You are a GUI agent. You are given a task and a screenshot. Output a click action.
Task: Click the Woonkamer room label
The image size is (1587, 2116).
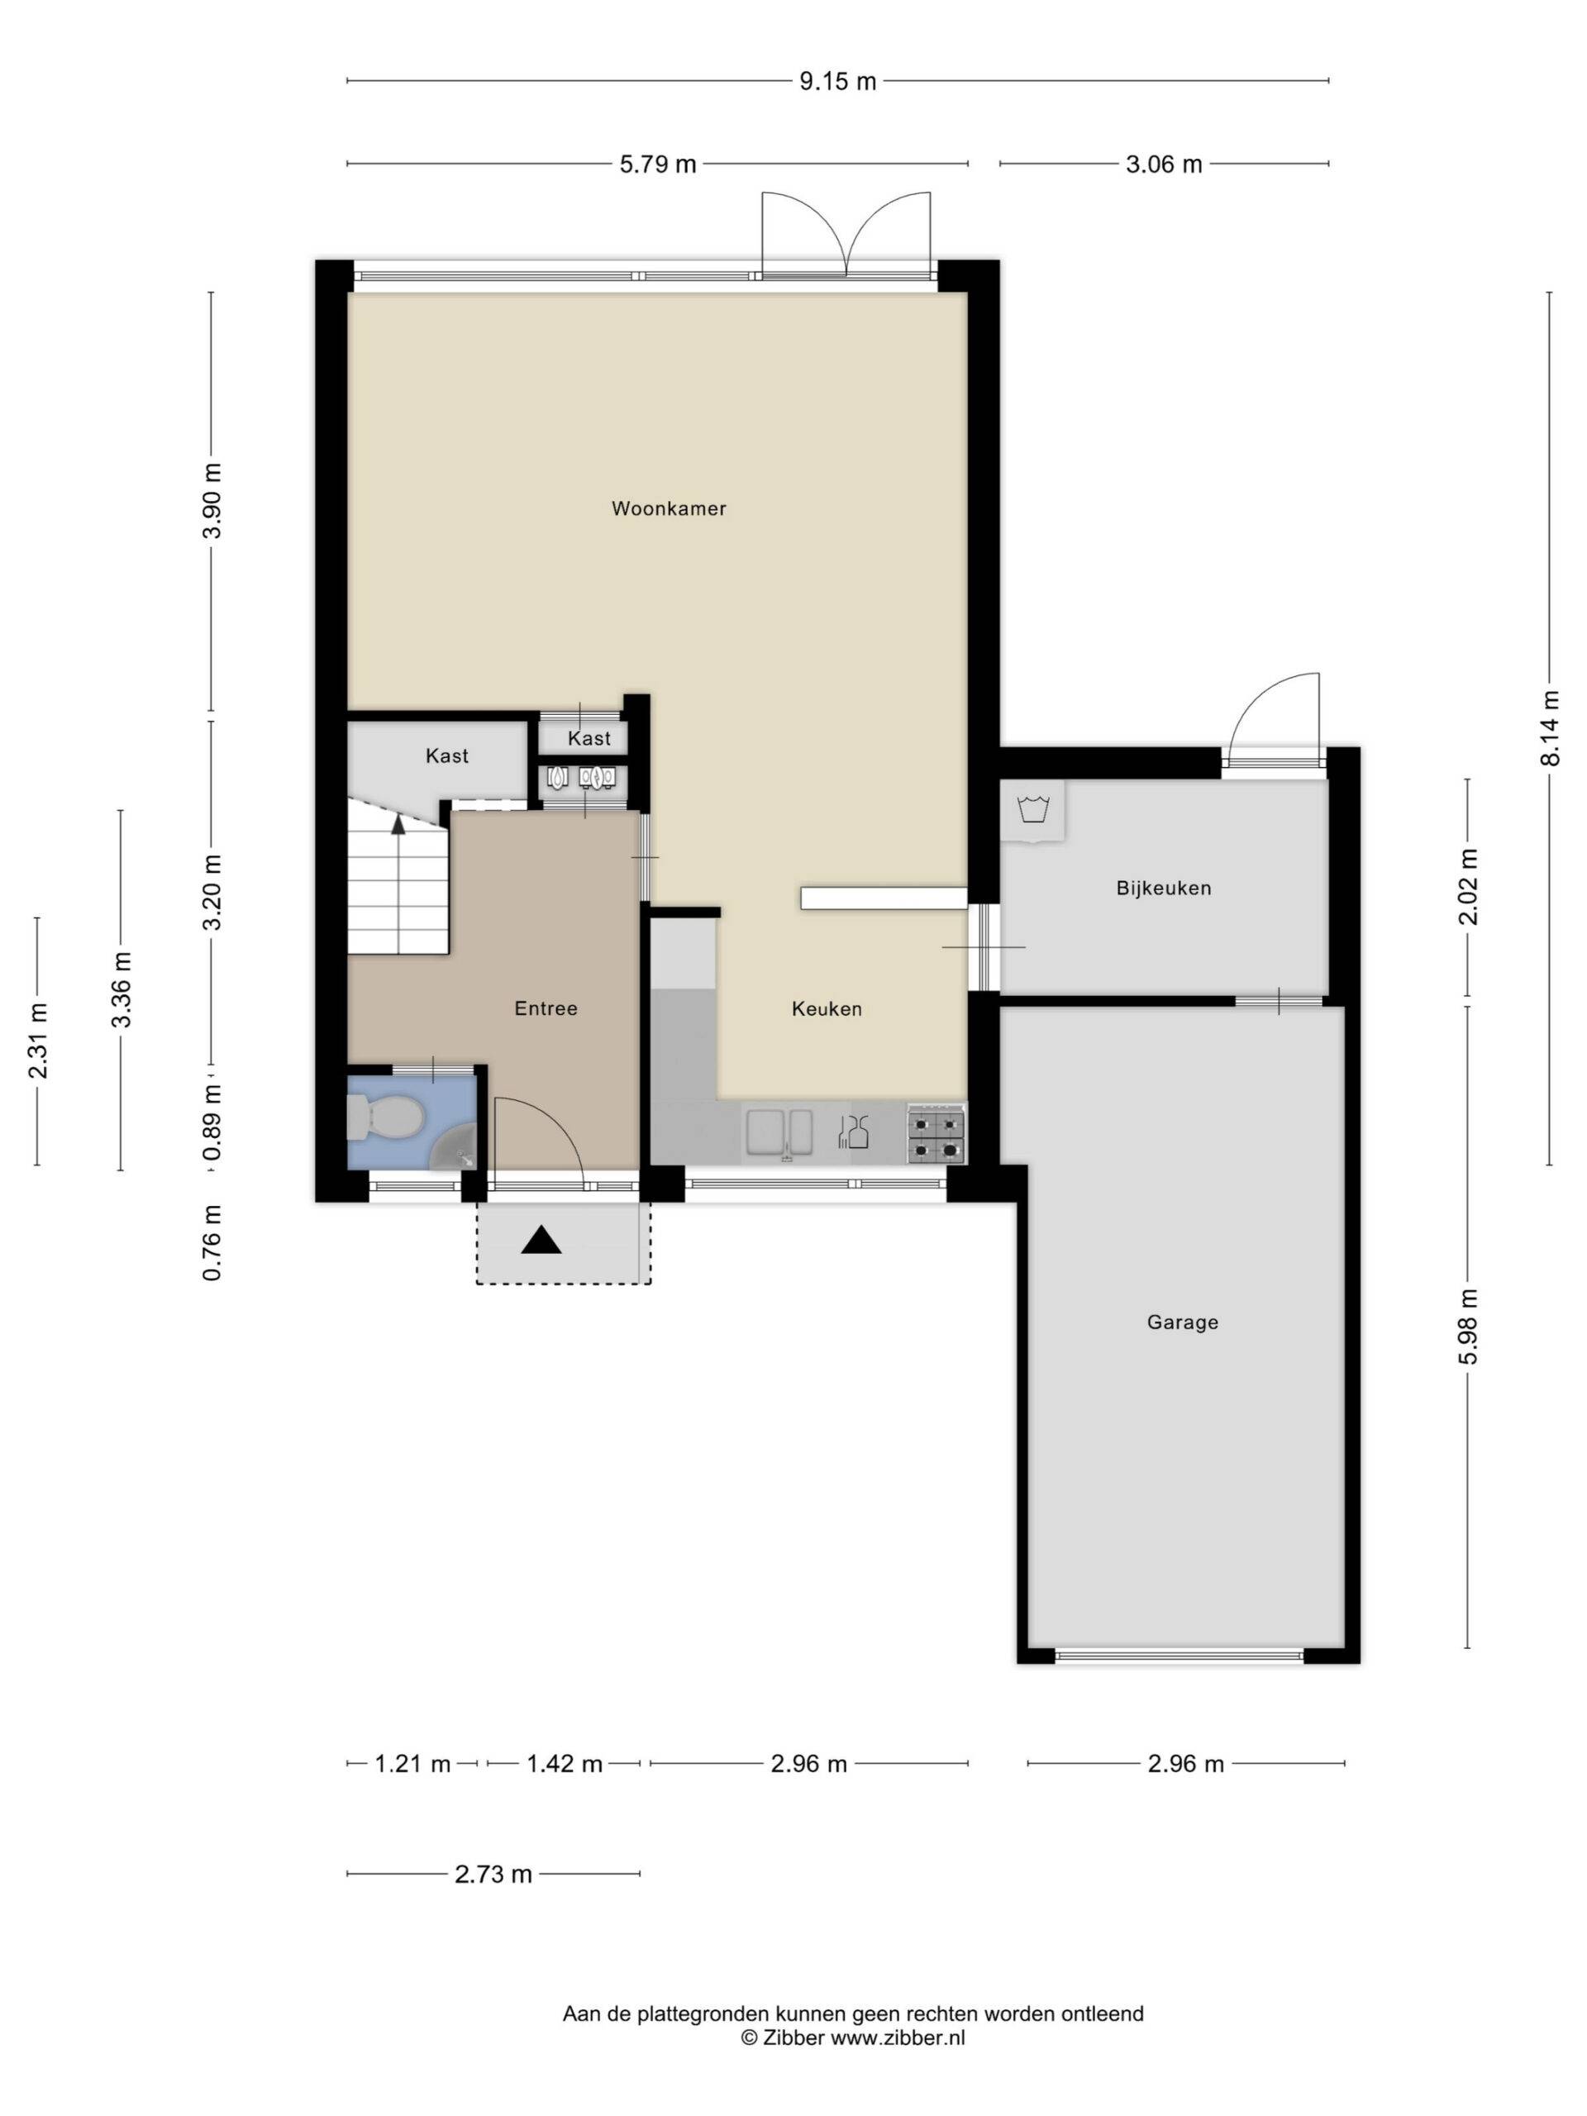(669, 509)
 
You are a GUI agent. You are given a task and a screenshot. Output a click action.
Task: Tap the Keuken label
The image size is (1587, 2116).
(827, 1008)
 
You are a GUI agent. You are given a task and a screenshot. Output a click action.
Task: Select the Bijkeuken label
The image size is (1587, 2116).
(1163, 888)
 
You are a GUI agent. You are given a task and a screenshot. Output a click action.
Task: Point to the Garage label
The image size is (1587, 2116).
(1182, 1322)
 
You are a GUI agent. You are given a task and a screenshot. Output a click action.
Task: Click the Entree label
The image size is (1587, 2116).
(546, 1008)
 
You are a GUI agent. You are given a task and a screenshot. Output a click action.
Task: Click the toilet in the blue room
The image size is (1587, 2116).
(384, 1118)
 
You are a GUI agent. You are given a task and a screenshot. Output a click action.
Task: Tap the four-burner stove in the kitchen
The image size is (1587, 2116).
(936, 1133)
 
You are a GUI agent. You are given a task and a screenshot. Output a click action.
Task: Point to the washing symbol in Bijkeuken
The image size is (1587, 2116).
(1032, 809)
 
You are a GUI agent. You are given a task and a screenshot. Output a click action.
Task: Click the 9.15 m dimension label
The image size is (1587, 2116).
(837, 81)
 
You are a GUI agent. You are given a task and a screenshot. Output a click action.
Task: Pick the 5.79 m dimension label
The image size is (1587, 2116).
(658, 164)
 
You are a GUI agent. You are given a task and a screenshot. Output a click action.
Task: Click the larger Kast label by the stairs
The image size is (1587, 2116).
(446, 755)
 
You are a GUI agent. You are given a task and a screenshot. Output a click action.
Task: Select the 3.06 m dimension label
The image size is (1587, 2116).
(1163, 164)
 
